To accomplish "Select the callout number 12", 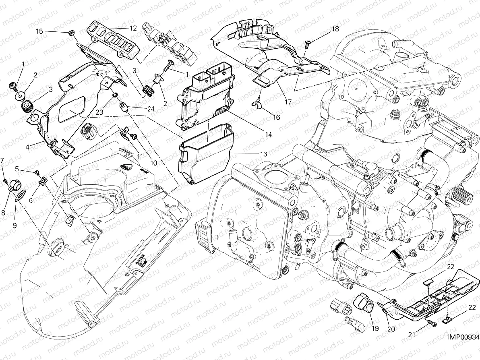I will pyautogui.click(x=133, y=28).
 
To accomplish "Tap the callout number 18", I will pyautogui.click(x=335, y=29).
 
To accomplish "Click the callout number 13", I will pyautogui.click(x=263, y=154).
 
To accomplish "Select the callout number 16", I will pyautogui.click(x=276, y=117).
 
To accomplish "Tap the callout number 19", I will pyautogui.click(x=375, y=328).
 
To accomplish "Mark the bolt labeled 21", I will pyautogui.click(x=432, y=323).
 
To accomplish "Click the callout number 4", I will pyautogui.click(x=27, y=147).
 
